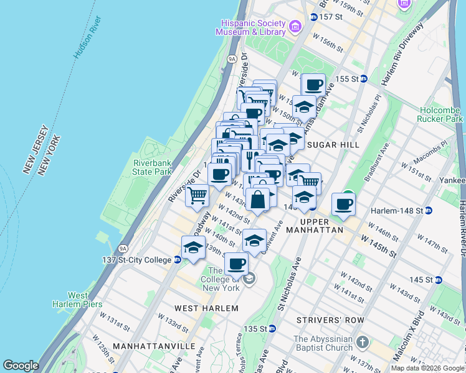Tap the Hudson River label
click(x=87, y=43)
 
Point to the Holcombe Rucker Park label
click(x=441, y=114)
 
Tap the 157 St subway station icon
click(x=313, y=17)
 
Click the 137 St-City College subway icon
click(x=178, y=260)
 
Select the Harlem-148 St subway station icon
click(x=428, y=210)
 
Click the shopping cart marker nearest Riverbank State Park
click(x=197, y=196)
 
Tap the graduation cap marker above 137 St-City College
click(x=193, y=247)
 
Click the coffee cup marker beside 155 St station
click(x=315, y=85)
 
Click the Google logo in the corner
click(x=21, y=366)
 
